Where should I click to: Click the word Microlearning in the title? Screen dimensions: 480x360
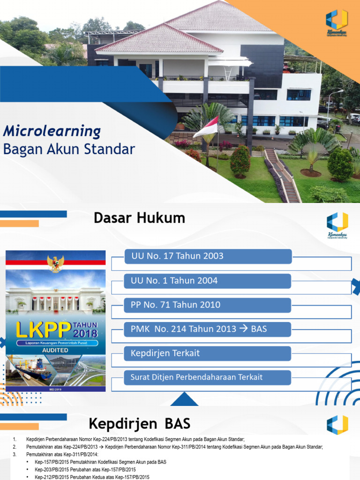click(52, 131)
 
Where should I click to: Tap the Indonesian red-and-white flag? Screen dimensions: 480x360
click(206, 127)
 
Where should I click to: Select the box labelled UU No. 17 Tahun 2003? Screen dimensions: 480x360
click(208, 256)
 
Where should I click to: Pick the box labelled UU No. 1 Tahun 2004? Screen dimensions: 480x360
click(208, 281)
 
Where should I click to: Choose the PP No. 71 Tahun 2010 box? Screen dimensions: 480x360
click(208, 305)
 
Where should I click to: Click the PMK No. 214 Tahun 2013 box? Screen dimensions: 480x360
click(208, 329)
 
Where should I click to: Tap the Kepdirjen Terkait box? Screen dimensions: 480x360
click(208, 353)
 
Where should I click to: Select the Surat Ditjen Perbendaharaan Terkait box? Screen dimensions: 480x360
click(208, 377)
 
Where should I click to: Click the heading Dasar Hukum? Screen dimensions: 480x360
click(139, 218)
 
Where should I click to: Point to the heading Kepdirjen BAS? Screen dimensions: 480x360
click(140, 424)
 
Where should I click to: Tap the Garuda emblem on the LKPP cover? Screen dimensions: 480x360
click(56, 264)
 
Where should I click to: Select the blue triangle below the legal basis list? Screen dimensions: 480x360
click(184, 399)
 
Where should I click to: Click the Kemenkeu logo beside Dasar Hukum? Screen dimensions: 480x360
click(337, 225)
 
